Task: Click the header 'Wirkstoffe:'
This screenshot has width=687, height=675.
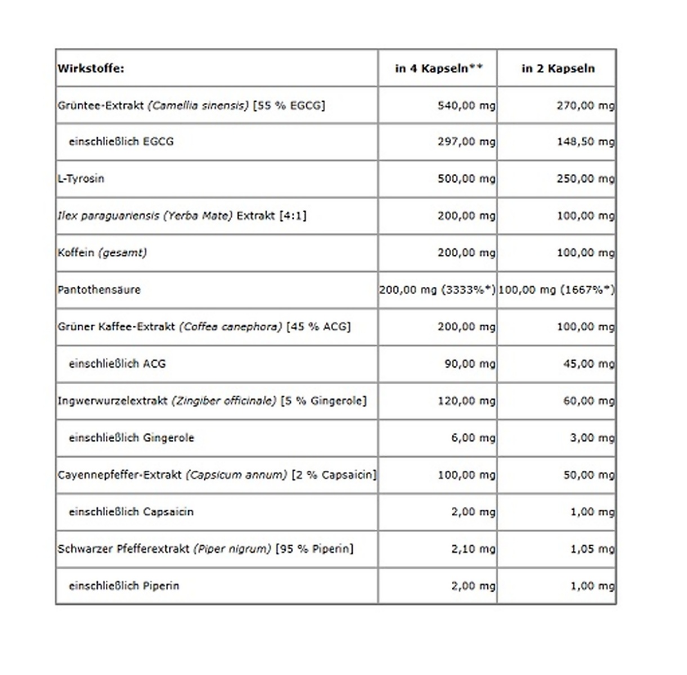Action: click(91, 69)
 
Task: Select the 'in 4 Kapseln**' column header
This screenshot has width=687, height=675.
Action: click(438, 69)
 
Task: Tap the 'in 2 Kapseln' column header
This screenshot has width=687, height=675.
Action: click(558, 69)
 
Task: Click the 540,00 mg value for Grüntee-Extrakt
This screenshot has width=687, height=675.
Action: click(466, 105)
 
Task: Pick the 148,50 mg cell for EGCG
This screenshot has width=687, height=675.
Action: click(585, 142)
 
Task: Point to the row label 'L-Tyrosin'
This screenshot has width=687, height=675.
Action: click(81, 179)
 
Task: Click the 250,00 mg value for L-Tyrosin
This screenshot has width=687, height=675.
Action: click(585, 179)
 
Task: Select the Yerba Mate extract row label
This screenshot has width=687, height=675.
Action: click(182, 216)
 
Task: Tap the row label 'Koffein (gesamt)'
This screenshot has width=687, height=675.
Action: click(102, 253)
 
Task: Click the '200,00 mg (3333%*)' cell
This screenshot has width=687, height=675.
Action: click(437, 290)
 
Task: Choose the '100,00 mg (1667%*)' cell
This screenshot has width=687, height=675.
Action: click(556, 290)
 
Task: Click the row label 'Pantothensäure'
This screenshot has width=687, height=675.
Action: click(99, 290)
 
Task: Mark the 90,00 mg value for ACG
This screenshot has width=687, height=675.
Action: click(470, 364)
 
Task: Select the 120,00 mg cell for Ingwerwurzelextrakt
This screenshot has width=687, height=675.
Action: click(466, 401)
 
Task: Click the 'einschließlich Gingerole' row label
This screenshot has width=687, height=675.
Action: click(131, 438)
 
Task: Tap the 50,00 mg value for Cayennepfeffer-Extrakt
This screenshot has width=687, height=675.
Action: click(589, 475)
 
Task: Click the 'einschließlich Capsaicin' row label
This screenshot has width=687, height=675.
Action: click(131, 512)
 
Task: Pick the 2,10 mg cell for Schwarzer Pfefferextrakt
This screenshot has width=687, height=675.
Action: click(473, 549)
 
